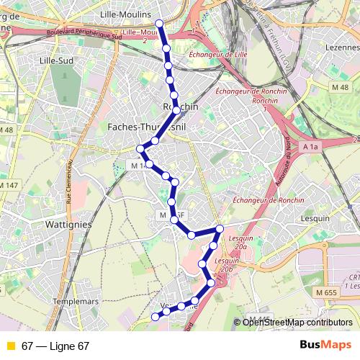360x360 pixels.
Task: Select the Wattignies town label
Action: [x=67, y=224]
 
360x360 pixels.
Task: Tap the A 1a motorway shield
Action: [x=310, y=147]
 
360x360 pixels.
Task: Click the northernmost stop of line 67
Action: [x=160, y=23]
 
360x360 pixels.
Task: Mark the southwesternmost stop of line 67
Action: [x=156, y=316]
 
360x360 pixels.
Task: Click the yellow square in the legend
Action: [x=10, y=346]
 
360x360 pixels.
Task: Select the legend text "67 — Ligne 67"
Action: [x=55, y=346]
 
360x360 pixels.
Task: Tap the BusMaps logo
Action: [x=325, y=346]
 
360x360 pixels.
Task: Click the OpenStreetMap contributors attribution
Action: [x=297, y=323]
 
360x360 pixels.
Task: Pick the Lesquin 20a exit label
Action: [x=237, y=241]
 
